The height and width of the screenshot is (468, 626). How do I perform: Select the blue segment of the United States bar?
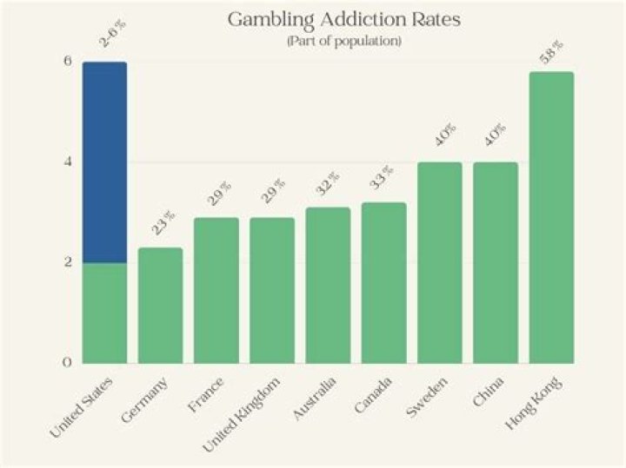point(104,161)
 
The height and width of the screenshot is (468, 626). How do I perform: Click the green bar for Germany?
point(160,305)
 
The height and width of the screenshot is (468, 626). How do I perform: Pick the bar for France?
point(216,290)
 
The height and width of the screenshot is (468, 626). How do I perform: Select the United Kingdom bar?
point(272,290)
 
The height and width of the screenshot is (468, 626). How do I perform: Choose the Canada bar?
point(383,282)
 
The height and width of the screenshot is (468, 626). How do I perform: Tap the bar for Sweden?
point(440,262)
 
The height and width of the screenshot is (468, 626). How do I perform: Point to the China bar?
point(496,262)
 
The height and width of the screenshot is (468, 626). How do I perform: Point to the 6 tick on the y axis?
point(66,62)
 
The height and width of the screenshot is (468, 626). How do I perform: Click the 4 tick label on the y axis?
point(66,161)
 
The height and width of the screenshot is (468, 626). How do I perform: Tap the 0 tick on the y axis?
point(66,362)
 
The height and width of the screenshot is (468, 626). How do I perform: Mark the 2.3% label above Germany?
point(165,225)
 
